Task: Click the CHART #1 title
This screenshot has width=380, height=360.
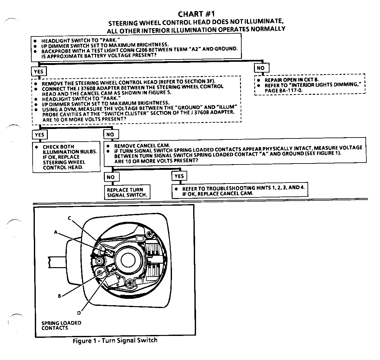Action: click(x=196, y=14)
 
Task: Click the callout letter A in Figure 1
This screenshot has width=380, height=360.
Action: click(x=56, y=232)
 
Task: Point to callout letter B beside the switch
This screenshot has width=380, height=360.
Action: click(x=59, y=296)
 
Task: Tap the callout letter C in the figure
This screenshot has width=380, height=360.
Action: click(x=69, y=218)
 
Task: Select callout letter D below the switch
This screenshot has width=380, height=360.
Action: click(x=79, y=313)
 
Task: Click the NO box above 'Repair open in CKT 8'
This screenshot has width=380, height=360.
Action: click(x=261, y=68)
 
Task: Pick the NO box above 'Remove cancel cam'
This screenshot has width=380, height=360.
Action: click(x=110, y=134)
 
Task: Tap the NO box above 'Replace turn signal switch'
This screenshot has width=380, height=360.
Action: click(x=111, y=177)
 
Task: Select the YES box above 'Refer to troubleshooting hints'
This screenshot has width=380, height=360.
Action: click(x=179, y=176)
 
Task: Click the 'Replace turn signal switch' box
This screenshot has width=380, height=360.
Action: click(x=127, y=192)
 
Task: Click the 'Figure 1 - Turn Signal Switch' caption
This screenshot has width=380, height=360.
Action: click(x=115, y=341)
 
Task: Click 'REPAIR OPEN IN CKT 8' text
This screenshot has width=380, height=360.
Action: click(x=292, y=80)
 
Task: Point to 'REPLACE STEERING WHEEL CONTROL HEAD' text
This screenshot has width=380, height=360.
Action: click(x=64, y=162)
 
